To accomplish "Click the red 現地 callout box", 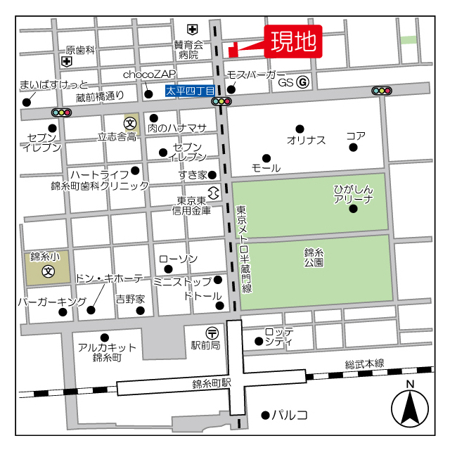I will (x=293, y=41).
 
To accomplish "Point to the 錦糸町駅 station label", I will (x=212, y=384).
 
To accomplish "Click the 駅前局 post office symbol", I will (x=212, y=332).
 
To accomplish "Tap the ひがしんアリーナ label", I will (x=353, y=195).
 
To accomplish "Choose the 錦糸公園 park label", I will (x=314, y=257).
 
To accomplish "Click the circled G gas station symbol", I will (x=302, y=82).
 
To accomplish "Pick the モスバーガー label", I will (x=256, y=75).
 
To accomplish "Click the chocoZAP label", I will (x=149, y=74).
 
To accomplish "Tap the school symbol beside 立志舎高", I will (x=131, y=122).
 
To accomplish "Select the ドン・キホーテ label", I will (x=108, y=278).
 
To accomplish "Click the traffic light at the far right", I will (x=382, y=91).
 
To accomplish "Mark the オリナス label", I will (x=306, y=140).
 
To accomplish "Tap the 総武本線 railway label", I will (x=364, y=364).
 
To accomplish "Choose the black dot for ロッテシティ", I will (x=259, y=342).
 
